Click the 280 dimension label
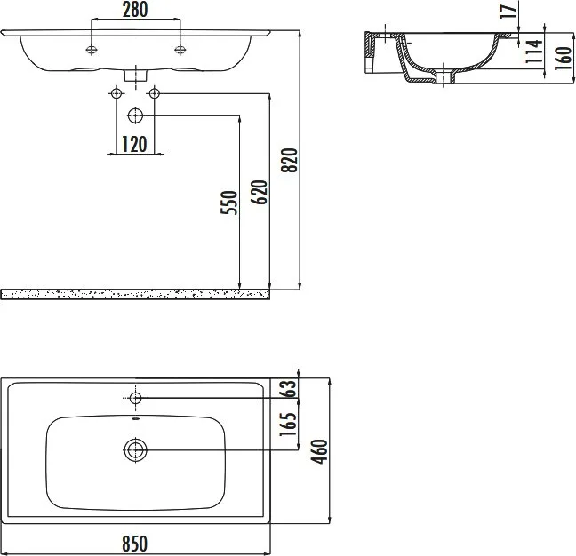pos(135,10)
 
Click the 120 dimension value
pos(134,144)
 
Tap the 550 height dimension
pos(229,203)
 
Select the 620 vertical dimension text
pos(259,193)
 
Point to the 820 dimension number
pos(289,161)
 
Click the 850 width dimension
pos(135,544)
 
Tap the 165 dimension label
pos(288,425)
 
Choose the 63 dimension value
pos(288,388)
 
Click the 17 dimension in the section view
pos(508,11)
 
